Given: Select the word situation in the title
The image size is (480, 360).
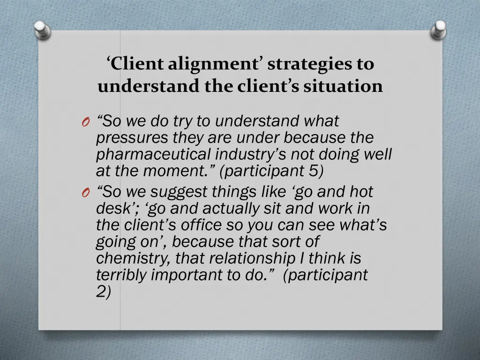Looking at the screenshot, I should [x=344, y=86].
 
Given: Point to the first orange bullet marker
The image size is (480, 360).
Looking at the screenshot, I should [x=85, y=123].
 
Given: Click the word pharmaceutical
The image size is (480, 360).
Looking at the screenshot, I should [x=154, y=154].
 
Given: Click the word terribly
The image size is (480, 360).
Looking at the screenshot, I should [x=121, y=275].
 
